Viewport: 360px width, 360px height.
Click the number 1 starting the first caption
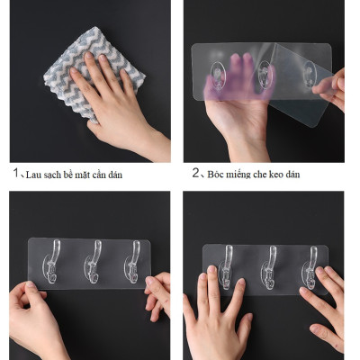tap(14, 173)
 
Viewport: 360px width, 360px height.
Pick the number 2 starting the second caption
tap(195, 173)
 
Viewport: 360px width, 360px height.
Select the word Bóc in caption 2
tap(217, 174)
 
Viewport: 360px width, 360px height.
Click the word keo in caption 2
tap(287, 174)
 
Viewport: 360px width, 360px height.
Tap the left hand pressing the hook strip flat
tap(216, 310)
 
